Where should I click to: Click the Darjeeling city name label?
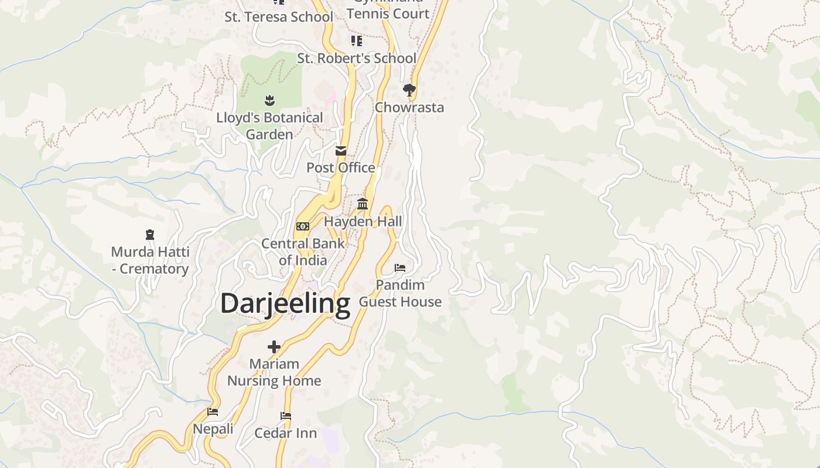[x=285, y=304]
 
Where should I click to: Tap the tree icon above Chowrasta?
[x=409, y=90]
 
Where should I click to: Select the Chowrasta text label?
[x=409, y=108]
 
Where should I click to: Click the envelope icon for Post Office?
[x=341, y=151]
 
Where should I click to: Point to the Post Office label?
[x=341, y=168]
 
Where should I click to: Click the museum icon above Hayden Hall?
[x=363, y=204]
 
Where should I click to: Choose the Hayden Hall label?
[x=363, y=222]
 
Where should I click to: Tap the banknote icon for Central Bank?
[x=303, y=226]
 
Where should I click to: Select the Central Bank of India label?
[x=303, y=252]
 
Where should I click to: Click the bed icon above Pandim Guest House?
[x=400, y=268]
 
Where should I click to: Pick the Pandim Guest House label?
[x=400, y=293]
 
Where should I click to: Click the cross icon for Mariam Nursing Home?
[x=274, y=347]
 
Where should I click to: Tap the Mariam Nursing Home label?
[x=274, y=372]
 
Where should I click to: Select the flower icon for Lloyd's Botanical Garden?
[x=269, y=100]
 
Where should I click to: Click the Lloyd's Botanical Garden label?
[x=269, y=126]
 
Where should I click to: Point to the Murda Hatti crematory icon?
[x=150, y=235]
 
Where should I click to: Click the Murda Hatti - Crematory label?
[x=150, y=260]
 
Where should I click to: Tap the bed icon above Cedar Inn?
[x=286, y=416]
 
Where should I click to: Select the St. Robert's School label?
[x=357, y=58]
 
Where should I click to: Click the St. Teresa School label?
[x=279, y=17]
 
